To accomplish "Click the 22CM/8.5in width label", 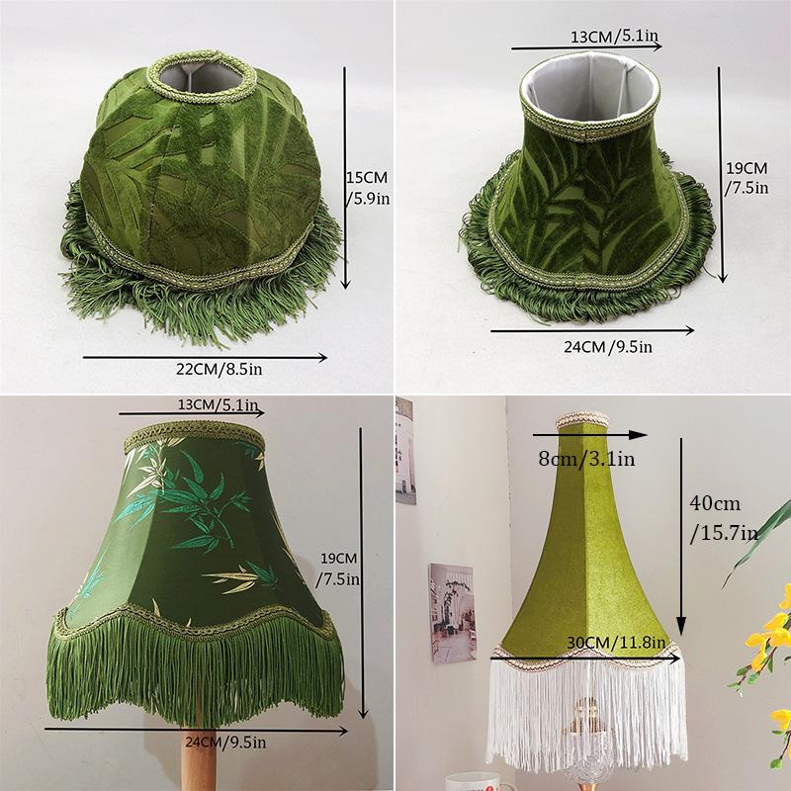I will [220, 368].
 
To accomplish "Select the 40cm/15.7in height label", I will [722, 517].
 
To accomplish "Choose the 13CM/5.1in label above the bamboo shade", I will [219, 405].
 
